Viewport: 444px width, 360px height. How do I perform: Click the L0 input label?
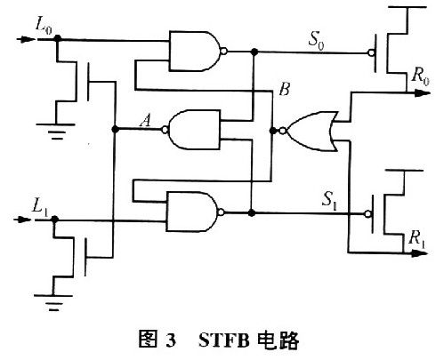click(44, 26)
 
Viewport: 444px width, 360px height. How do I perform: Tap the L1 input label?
click(40, 206)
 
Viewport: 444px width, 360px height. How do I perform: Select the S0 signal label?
click(316, 40)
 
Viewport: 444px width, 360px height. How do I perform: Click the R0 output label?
click(420, 76)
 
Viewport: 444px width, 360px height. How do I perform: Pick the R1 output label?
click(416, 239)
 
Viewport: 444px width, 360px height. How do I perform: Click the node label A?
click(145, 121)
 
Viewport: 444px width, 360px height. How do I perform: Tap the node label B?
click(284, 89)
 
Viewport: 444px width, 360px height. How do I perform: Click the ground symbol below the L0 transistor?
click(56, 132)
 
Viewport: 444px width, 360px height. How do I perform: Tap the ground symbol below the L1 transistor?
click(53, 302)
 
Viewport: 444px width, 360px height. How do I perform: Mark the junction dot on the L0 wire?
click(58, 38)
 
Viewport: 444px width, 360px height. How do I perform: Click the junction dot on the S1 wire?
click(251, 212)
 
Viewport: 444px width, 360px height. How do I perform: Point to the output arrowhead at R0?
click(423, 93)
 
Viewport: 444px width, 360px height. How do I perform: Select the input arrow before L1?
click(22, 220)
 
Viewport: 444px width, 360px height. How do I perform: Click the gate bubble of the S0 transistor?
click(371, 53)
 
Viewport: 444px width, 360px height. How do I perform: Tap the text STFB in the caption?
click(224, 340)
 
